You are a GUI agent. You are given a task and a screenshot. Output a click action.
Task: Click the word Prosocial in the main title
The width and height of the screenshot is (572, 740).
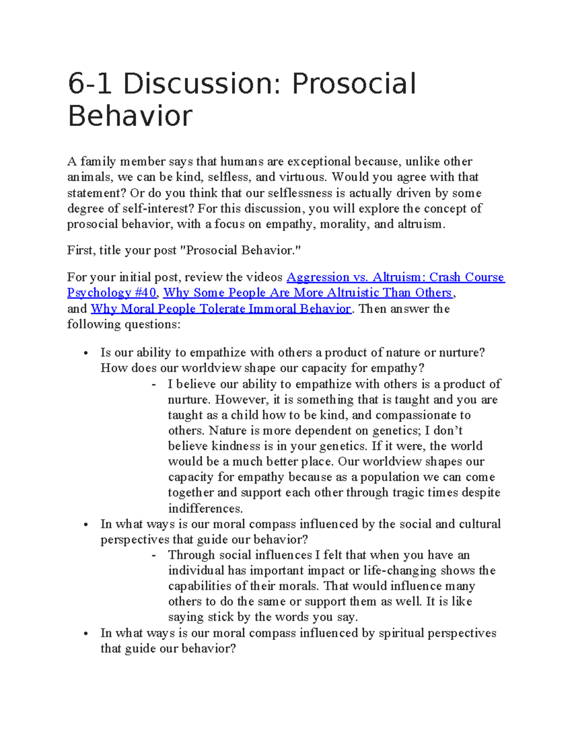[354, 84]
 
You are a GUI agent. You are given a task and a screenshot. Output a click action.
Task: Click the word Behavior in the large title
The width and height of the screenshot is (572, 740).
[130, 116]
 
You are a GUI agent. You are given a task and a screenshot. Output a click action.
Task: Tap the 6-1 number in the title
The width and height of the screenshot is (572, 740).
[90, 84]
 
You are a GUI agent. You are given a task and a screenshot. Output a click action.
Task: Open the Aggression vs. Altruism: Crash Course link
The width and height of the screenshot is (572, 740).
[395, 277]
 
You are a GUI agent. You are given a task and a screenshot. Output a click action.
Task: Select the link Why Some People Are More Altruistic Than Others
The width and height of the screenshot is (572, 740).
[307, 293]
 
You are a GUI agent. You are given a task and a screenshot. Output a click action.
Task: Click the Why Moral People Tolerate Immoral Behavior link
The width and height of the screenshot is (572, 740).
[221, 309]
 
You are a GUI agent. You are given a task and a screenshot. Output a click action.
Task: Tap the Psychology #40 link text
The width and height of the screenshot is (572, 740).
[112, 293]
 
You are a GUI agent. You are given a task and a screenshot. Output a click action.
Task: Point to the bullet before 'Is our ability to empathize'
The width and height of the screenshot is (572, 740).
[86, 354]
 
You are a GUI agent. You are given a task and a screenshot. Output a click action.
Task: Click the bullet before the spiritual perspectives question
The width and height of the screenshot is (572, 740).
[86, 634]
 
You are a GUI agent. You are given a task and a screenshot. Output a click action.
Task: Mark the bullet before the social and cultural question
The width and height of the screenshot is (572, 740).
[86, 525]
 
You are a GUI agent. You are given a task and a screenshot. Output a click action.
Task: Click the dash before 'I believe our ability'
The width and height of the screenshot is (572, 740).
[153, 385]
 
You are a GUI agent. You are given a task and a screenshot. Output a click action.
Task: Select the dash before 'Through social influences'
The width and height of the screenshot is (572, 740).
[153, 556]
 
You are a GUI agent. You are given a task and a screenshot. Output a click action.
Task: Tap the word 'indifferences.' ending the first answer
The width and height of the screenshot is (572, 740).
[205, 508]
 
